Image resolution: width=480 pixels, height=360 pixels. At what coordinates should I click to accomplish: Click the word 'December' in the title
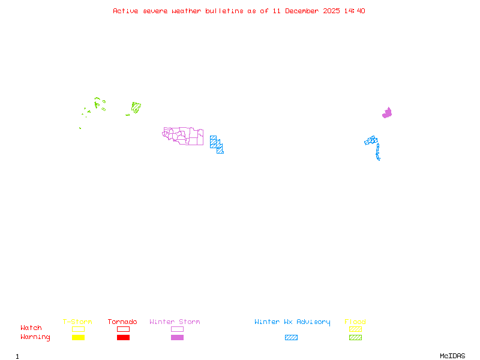tap(304, 11)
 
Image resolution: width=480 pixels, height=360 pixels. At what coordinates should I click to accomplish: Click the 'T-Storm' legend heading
tap(77, 322)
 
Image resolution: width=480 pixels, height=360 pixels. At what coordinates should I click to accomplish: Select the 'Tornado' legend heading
tap(122, 322)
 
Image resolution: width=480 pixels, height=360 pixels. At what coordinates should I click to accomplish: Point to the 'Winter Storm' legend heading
tap(175, 322)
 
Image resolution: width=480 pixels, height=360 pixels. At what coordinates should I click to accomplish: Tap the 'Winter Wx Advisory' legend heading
tap(292, 322)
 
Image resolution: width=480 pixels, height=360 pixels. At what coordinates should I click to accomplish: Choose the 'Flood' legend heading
tap(355, 322)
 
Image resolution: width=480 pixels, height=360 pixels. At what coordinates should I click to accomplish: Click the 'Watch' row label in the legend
tap(31, 328)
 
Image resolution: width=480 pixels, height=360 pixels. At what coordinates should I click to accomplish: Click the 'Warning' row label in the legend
tap(35, 337)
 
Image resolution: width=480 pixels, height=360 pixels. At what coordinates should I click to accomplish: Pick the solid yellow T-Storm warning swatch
tap(78, 338)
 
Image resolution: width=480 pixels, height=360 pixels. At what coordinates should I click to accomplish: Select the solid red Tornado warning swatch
tap(123, 338)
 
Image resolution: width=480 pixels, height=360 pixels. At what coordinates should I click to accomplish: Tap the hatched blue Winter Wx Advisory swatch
tap(291, 338)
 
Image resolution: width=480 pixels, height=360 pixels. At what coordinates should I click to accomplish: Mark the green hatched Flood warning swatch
tap(355, 338)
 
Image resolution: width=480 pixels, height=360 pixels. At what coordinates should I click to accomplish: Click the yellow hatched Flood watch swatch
tap(355, 329)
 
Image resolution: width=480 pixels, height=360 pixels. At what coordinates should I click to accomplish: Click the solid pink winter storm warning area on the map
tap(387, 113)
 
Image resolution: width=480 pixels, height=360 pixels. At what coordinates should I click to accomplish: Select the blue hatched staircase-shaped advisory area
tap(216, 143)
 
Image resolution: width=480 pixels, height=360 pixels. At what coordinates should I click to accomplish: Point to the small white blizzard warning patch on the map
tap(380, 159)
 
